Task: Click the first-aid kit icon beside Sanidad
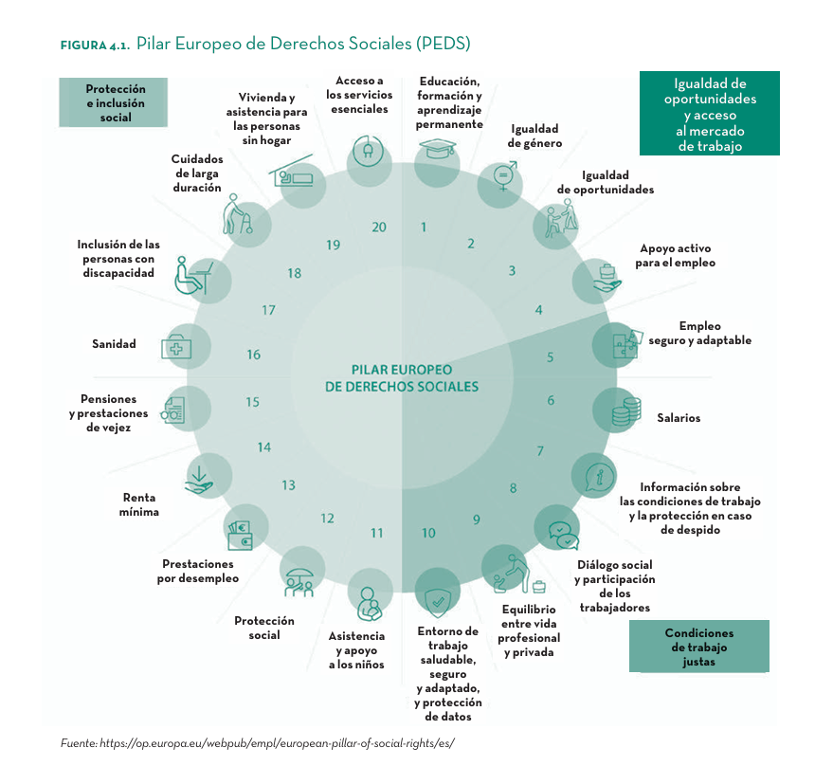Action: coord(177,348)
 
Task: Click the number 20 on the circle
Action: coord(379,228)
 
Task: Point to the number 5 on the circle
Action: coord(550,358)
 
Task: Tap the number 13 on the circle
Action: coord(288,485)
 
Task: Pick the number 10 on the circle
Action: coord(428,533)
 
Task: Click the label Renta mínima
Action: coord(138,504)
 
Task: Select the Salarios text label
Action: coord(679,418)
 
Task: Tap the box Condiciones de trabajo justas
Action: coord(698,647)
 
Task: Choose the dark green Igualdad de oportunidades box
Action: coord(709,114)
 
